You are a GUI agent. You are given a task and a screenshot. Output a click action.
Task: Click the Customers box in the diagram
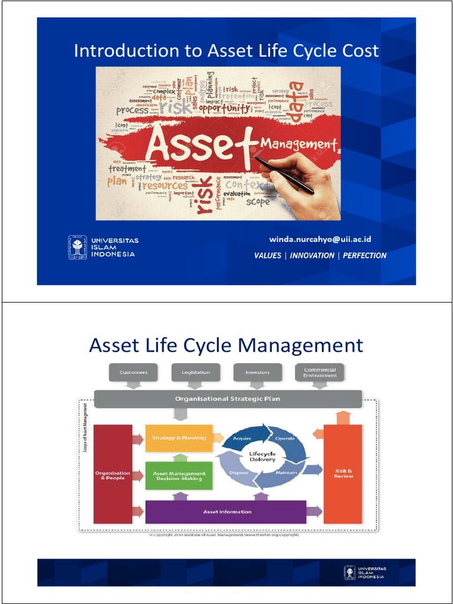[133, 373]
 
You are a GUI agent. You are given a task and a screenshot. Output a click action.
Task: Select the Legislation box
[195, 373]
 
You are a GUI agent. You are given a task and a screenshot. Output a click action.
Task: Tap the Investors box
[257, 373]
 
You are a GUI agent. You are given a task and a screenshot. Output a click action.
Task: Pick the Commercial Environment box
[320, 373]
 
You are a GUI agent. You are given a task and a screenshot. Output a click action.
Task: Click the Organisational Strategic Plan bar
[228, 399]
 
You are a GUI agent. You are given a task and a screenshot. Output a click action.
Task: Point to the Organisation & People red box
[113, 475]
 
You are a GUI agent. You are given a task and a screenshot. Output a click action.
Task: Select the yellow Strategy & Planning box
[179, 438]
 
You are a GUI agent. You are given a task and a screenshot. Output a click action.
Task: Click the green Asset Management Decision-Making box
[179, 476]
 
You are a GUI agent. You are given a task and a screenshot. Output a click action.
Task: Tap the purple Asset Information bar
[226, 511]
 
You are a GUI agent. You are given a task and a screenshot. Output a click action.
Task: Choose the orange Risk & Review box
[343, 474]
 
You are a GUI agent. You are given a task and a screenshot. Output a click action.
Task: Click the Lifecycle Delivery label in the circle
[262, 457]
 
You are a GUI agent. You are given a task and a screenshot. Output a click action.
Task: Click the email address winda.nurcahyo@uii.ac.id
[320, 239]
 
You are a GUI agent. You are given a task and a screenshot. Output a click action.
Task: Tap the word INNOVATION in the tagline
[312, 255]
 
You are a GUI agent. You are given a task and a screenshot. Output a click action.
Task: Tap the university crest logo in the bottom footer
[350, 572]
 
